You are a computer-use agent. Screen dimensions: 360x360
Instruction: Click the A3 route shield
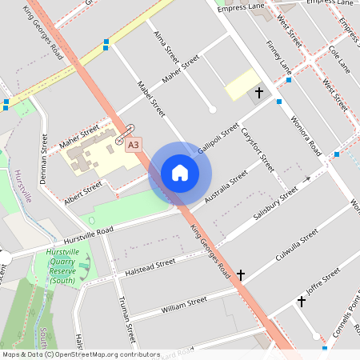[134, 144]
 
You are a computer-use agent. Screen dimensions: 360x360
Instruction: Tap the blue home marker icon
[180, 173]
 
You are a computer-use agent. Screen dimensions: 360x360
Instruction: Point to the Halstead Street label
[150, 267]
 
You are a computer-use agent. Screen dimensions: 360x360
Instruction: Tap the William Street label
[184, 305]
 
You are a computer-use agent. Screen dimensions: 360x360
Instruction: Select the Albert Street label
[83, 192]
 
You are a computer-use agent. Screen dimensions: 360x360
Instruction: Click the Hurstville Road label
[79, 234]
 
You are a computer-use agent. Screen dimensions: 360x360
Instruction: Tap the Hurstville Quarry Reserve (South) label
[62, 266]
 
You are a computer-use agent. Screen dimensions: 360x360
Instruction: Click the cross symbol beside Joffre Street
[301, 302]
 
